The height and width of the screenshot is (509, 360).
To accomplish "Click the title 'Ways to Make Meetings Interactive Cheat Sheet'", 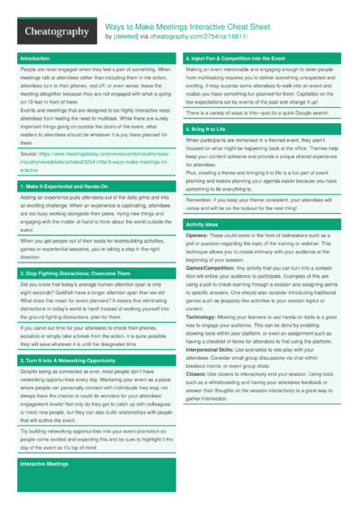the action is click(x=185, y=28).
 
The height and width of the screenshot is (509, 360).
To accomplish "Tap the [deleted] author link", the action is click(x=126, y=38).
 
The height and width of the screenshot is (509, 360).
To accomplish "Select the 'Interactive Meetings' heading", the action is click(x=45, y=463).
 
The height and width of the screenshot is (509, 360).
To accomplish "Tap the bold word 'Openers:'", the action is click(x=197, y=236).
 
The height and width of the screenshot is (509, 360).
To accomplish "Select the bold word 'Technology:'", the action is click(x=202, y=317).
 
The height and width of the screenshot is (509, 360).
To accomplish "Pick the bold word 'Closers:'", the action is click(x=196, y=373).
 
